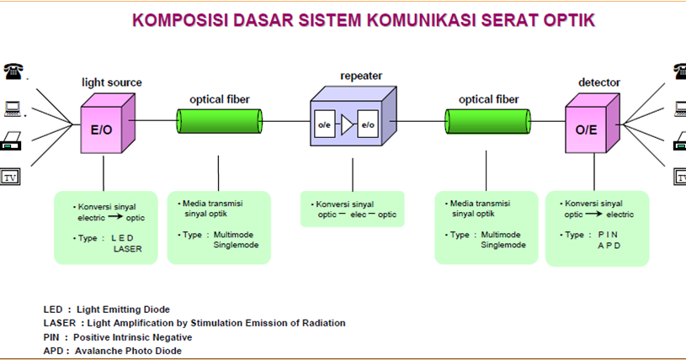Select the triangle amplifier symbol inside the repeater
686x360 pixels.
point(345,125)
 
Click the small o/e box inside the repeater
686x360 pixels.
point(324,125)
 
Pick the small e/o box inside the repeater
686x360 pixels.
point(368,125)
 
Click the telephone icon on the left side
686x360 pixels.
point(13,71)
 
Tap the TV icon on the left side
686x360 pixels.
point(11,177)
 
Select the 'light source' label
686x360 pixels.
point(111,82)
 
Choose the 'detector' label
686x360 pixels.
point(599,82)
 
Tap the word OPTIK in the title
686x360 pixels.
point(564,19)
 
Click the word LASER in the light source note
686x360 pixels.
point(127,249)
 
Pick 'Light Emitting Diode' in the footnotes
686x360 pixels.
point(127,309)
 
